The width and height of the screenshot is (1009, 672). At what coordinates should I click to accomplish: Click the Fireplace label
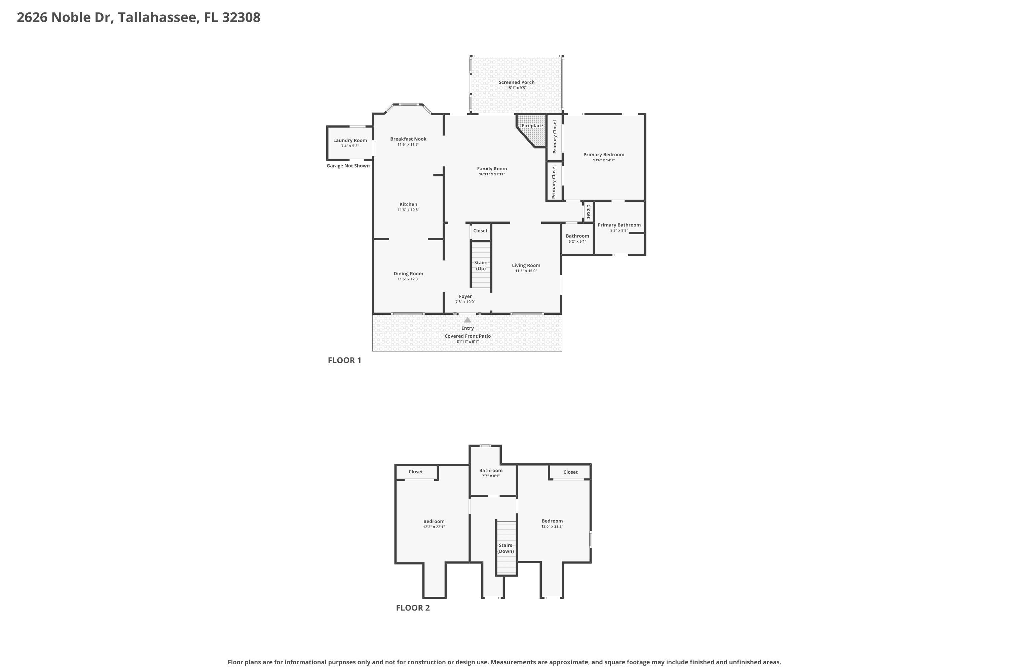point(532,126)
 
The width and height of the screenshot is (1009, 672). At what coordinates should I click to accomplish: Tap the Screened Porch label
point(517,82)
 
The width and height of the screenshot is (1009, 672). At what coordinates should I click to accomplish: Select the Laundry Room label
point(350,140)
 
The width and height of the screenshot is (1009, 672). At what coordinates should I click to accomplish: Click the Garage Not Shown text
point(348,166)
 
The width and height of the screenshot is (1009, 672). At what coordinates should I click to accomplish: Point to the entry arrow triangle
point(468,320)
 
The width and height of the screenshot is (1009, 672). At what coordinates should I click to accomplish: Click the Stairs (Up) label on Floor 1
point(481,266)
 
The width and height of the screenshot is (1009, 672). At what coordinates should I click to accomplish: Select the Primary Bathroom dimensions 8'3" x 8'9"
point(619,230)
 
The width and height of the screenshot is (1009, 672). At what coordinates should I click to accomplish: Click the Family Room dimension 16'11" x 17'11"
point(492,174)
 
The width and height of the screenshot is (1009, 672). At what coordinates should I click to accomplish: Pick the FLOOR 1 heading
point(344,361)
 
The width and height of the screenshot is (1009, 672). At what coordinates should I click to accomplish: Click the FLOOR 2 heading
point(413,608)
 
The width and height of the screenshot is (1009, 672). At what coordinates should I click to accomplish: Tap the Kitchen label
point(408,204)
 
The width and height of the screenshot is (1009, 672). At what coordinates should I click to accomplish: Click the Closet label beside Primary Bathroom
point(588,212)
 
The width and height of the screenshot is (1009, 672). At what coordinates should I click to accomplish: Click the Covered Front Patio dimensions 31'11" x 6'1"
point(467,342)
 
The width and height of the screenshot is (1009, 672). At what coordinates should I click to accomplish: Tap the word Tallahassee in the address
point(159,17)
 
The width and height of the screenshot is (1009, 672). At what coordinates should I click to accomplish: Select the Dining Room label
point(408,274)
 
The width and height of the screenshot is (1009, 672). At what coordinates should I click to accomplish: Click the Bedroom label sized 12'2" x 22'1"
point(434,521)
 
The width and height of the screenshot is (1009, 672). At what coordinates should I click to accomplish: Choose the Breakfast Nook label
point(408,139)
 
